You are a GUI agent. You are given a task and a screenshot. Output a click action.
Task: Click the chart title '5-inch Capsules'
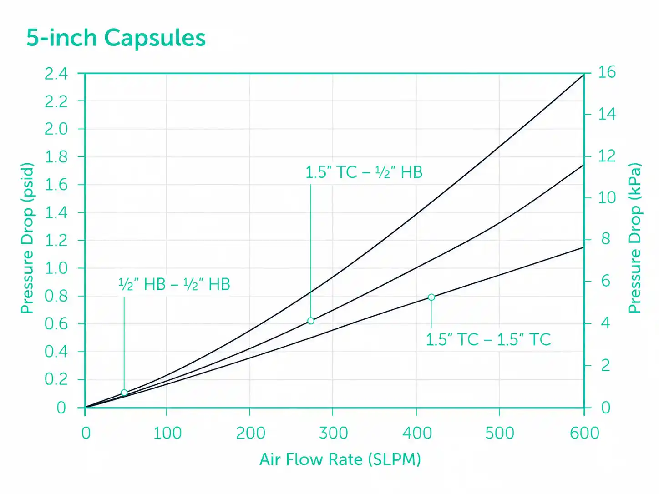(116, 39)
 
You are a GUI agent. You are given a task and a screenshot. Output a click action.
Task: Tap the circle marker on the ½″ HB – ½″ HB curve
(124, 393)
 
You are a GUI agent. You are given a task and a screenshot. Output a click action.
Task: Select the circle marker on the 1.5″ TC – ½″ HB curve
(311, 321)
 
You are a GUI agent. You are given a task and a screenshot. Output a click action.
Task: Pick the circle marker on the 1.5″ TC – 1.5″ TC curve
(431, 297)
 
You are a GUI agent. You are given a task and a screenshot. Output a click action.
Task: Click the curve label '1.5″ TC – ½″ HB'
(364, 172)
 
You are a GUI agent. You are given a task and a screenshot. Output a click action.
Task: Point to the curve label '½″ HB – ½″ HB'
(174, 284)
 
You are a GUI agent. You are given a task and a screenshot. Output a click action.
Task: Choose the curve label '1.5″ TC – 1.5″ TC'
(488, 339)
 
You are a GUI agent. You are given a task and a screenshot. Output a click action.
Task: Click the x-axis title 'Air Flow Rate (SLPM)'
(340, 460)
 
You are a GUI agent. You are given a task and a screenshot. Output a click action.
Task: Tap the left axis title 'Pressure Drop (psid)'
(27, 238)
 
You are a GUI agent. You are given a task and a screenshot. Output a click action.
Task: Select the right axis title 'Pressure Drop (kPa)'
(635, 238)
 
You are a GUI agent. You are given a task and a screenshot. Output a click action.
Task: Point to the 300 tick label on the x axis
(333, 433)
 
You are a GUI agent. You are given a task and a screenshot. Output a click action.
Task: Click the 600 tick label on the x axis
(584, 433)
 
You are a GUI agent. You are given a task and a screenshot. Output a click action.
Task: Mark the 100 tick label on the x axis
(167, 433)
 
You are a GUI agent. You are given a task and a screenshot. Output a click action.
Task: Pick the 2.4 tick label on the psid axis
(56, 74)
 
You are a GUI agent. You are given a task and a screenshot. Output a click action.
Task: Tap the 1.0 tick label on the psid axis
(56, 268)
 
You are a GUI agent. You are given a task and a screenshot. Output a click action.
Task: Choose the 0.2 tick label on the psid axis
(56, 379)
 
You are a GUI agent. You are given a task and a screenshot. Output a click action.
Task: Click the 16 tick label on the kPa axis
(607, 72)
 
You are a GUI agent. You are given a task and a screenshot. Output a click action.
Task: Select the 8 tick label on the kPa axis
(606, 239)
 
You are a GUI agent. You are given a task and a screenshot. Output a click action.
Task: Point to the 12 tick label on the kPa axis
(607, 156)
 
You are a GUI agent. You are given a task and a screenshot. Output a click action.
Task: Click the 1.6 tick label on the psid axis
(56, 185)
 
